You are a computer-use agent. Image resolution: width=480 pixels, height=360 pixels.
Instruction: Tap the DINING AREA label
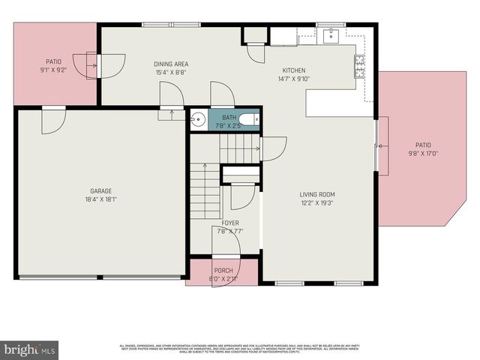tap(170, 64)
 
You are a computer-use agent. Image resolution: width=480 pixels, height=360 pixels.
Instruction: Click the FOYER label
tap(230, 223)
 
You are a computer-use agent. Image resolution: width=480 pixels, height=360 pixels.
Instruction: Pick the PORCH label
tap(223, 271)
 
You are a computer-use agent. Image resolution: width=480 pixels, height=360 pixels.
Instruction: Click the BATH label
tap(229, 118)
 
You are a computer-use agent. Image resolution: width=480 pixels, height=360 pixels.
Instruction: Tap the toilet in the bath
tap(251, 120)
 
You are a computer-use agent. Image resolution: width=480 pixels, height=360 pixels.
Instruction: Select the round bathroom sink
tap(198, 120)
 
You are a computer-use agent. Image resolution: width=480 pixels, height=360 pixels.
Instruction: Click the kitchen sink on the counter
tap(330, 34)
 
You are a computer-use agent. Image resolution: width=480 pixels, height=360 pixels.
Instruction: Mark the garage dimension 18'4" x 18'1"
tap(100, 200)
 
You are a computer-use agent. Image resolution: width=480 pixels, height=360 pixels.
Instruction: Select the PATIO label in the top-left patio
tap(54, 62)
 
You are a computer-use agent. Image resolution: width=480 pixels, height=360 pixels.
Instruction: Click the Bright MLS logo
tap(30, 349)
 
